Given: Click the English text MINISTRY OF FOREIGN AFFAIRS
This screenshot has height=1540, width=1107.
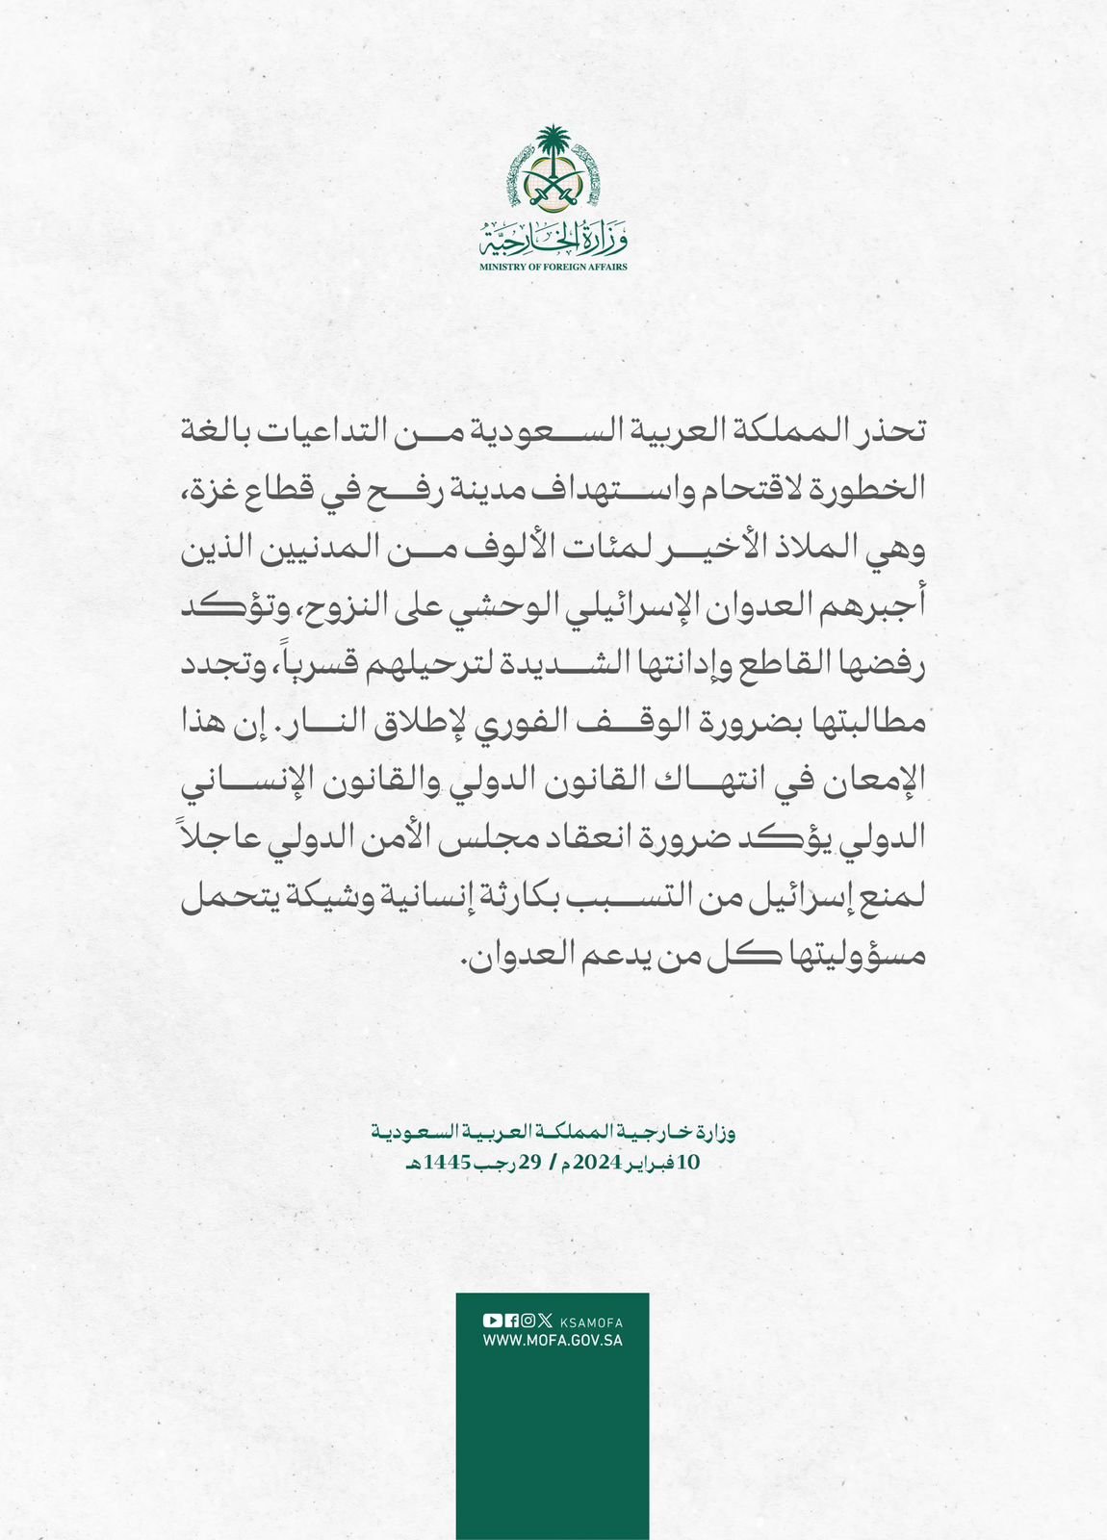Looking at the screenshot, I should (x=553, y=267).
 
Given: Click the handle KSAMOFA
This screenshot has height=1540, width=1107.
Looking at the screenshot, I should (x=591, y=1322).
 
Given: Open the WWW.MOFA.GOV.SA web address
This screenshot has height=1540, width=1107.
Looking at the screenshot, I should (x=553, y=1340).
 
